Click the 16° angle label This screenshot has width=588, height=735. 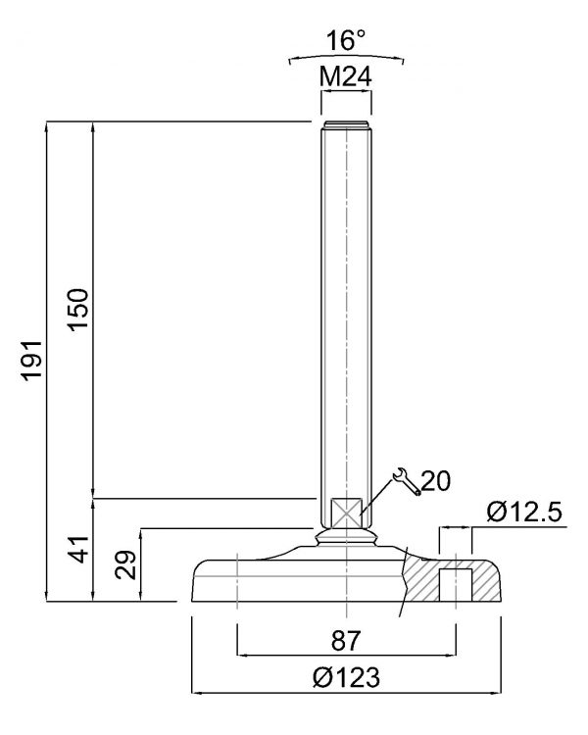[x=346, y=40]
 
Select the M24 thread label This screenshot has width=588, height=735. [x=346, y=76]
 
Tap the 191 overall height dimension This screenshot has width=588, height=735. [x=33, y=360]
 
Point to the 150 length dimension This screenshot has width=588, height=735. [x=78, y=310]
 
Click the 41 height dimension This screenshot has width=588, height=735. [x=78, y=549]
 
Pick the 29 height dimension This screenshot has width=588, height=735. [x=125, y=564]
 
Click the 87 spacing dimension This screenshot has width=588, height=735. [x=346, y=640]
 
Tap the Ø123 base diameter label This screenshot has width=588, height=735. [x=346, y=677]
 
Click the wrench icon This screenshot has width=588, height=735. [x=407, y=481]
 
